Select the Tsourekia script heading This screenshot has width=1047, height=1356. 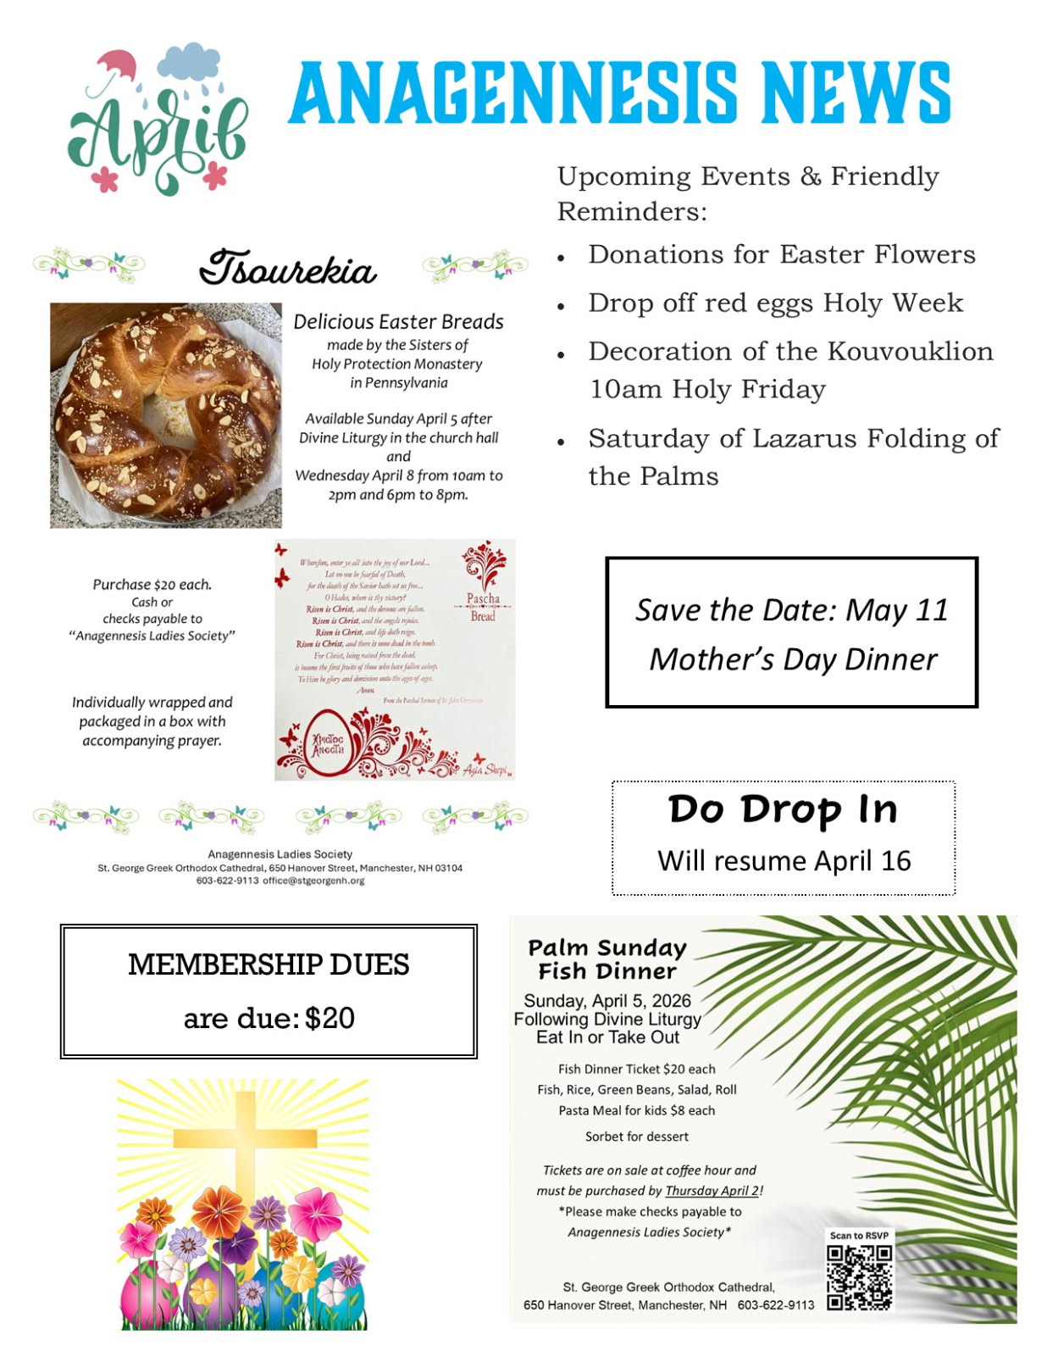pyautogui.click(x=288, y=268)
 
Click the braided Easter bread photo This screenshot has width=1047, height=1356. pyautogui.click(x=165, y=415)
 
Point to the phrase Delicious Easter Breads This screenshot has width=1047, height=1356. pyautogui.click(x=398, y=322)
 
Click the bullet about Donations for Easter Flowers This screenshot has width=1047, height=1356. pyautogui.click(x=781, y=254)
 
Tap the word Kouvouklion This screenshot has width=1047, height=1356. pyautogui.click(x=910, y=351)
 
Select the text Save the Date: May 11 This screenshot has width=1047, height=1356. pyautogui.click(x=791, y=609)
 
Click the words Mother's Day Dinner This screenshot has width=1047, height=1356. pyautogui.click(x=793, y=659)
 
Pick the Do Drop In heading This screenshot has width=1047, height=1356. pyautogui.click(x=783, y=809)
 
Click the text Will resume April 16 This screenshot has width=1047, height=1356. pyautogui.click(x=784, y=861)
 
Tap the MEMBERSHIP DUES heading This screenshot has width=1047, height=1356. pyautogui.click(x=269, y=964)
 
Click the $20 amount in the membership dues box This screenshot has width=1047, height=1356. pyautogui.click(x=330, y=1018)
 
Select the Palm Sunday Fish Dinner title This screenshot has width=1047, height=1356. pyautogui.click(x=607, y=959)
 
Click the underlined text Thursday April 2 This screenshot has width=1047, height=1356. pyautogui.click(x=712, y=1191)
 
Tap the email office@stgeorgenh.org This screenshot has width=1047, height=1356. pyautogui.click(x=313, y=881)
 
